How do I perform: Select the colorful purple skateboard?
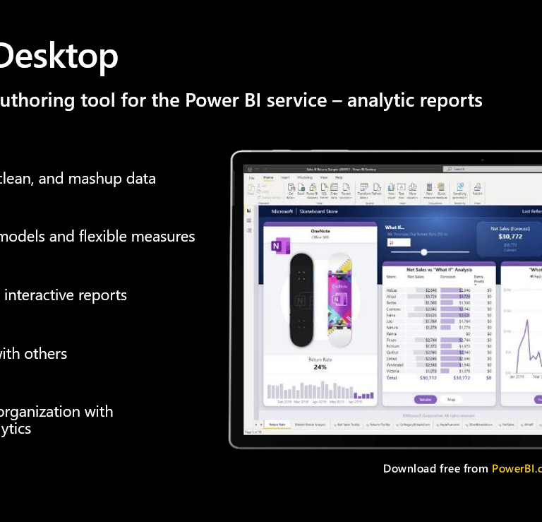[x=339, y=299]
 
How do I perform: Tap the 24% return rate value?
[x=320, y=367]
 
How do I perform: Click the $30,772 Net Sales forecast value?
[x=510, y=237]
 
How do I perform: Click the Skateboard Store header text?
[x=318, y=211]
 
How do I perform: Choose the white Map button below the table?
[x=450, y=399]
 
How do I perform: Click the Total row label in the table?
[x=392, y=378]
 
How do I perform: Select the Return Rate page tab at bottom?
[x=277, y=425]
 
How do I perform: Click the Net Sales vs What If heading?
[x=439, y=270]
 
